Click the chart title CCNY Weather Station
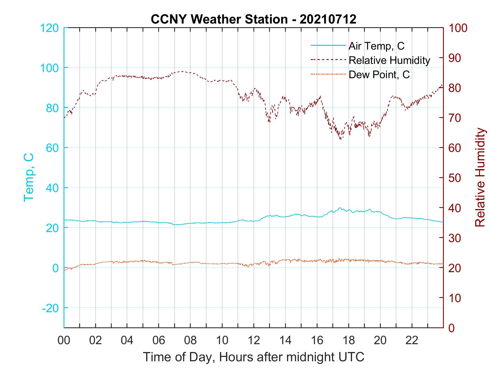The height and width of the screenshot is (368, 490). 253,19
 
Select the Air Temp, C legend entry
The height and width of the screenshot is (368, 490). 376,46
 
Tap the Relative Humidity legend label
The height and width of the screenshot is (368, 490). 389,60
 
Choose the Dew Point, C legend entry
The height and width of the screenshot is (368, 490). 379,75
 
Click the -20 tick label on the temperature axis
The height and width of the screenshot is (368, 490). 50,308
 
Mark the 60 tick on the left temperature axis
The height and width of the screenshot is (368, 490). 52,148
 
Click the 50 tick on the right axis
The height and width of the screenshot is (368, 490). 455,178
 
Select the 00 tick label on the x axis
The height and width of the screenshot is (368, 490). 64,340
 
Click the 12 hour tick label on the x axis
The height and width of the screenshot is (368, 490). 254,340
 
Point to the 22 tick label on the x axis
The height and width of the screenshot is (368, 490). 412,340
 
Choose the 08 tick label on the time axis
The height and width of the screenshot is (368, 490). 190,340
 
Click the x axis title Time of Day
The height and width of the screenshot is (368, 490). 254,357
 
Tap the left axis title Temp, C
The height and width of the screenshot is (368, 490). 29,177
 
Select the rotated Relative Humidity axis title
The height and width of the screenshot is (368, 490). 480,177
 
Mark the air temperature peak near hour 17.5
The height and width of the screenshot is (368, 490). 340,208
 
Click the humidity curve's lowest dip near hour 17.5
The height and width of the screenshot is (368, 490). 340,139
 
